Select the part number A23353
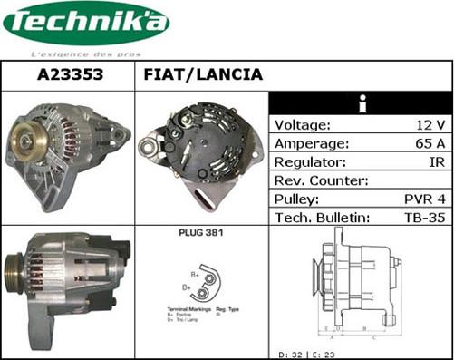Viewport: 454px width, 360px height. click(69, 75)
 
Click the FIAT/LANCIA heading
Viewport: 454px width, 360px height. click(203, 75)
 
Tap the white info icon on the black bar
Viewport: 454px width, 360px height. click(362, 102)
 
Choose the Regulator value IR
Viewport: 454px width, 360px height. click(436, 162)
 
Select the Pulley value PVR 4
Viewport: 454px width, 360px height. click(423, 199)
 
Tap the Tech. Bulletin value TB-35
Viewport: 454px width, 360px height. click(423, 218)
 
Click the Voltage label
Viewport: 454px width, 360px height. click(303, 125)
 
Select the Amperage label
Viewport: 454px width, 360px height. click(311, 143)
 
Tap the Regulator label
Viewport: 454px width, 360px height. click(310, 162)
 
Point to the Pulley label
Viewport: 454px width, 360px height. click(296, 199)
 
